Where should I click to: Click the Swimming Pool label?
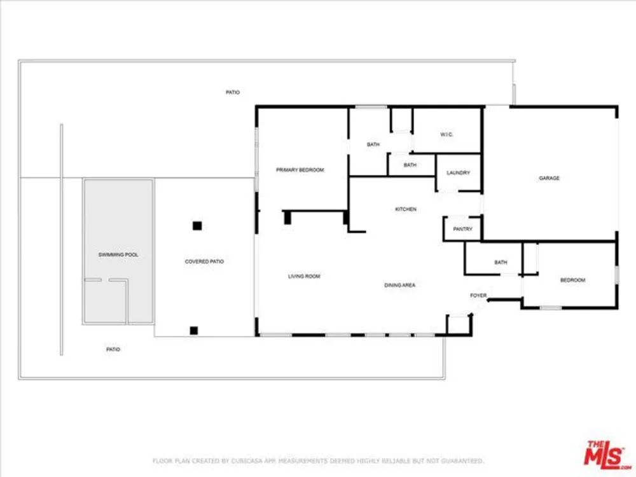pos(118,255)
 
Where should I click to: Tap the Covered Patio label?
pos(204,261)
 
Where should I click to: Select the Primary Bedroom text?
pos(300,170)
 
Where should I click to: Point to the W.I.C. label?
pos(446,134)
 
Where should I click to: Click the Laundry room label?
pos(459,173)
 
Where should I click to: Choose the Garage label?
pos(550,178)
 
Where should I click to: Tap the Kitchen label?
pos(406,209)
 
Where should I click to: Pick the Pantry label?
pos(463,229)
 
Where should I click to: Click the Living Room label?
pos(304,276)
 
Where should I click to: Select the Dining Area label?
pos(399,285)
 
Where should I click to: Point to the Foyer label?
pos(478,295)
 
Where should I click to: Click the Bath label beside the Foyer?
pos(501,263)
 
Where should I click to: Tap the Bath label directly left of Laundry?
pos(410,165)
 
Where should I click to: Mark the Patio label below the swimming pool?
pos(113,349)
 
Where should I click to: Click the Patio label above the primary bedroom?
pos(233,92)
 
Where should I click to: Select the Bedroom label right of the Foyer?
pos(573,280)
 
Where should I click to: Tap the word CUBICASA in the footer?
pos(247,460)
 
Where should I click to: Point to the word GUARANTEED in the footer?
pos(462,460)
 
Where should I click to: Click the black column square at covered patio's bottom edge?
pos(194,331)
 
